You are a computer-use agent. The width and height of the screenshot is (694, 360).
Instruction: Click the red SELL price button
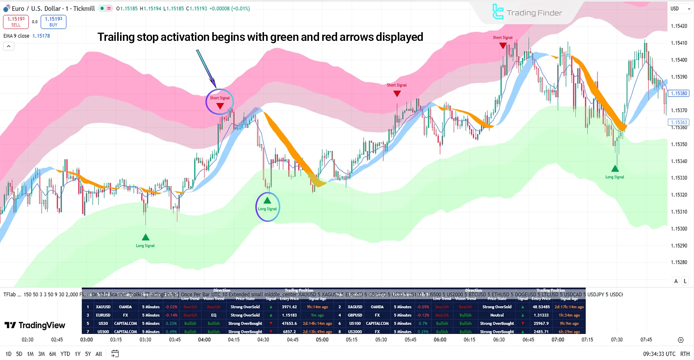coord(16,22)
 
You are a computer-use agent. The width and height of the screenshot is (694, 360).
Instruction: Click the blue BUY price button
coord(54,22)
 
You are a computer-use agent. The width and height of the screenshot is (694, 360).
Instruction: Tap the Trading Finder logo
coord(527,13)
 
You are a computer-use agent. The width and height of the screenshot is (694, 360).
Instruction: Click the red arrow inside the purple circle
coord(220,106)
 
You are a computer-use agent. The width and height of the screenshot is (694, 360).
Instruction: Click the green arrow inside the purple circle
coord(267,200)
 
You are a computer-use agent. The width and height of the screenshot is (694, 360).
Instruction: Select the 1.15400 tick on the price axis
coord(679,60)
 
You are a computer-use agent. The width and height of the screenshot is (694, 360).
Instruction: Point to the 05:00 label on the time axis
coord(322,340)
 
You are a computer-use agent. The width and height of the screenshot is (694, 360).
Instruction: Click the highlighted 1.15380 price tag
coord(679,93)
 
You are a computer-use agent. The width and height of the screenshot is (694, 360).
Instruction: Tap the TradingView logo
coord(35,325)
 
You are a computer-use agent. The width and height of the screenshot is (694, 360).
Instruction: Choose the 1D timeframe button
coord(9,354)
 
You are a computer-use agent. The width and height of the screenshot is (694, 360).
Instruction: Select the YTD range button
coord(65,354)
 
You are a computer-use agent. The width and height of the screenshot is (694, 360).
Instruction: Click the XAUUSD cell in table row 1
coord(103,307)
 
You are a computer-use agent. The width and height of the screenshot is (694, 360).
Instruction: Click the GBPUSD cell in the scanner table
coord(355,315)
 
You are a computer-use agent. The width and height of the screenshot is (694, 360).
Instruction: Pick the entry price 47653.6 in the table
coord(289,323)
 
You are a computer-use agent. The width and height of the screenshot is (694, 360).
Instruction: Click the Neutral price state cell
coord(497,315)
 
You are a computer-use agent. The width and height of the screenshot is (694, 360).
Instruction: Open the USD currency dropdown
coord(680,9)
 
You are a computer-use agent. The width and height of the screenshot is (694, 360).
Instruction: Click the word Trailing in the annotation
coord(118,37)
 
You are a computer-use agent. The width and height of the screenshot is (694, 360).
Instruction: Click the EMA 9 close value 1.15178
coord(41,36)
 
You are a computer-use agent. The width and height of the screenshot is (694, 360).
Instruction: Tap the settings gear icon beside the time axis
coord(681,340)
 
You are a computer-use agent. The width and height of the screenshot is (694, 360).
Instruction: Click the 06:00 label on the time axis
coord(440,340)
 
